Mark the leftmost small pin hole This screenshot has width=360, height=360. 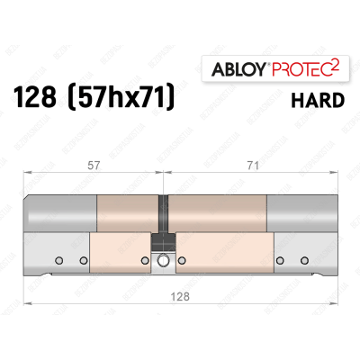[x=59, y=261]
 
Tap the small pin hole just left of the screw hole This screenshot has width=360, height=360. [x=146, y=261]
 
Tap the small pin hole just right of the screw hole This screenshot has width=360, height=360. [x=184, y=261]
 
